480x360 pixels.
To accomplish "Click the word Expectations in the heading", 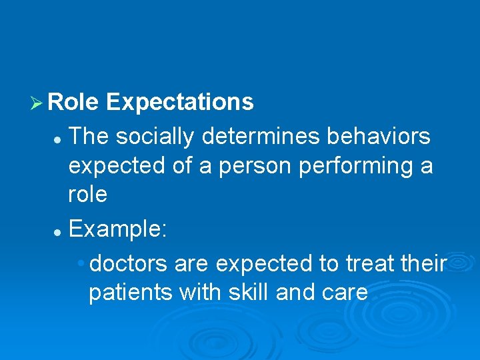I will (x=179, y=103).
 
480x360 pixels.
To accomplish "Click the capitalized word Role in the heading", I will (x=73, y=103).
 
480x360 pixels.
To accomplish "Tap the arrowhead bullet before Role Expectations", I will (x=37, y=103).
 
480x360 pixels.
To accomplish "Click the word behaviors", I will (x=379, y=137).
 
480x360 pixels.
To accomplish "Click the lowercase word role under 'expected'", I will (x=87, y=194).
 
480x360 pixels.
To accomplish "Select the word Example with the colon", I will (x=119, y=230).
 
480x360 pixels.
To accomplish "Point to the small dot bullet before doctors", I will (x=81, y=264).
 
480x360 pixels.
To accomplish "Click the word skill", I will (x=254, y=292).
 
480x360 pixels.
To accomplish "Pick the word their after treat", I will (x=423, y=264).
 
